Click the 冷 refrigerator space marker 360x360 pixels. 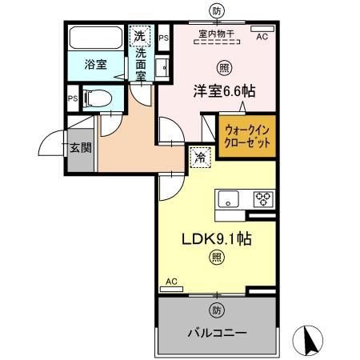(x=200, y=158)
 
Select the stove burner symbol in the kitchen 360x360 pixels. (x=262, y=199)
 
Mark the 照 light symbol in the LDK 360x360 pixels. (x=216, y=257)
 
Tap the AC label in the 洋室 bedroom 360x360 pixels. (x=262, y=37)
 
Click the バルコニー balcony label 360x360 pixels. (x=217, y=331)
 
